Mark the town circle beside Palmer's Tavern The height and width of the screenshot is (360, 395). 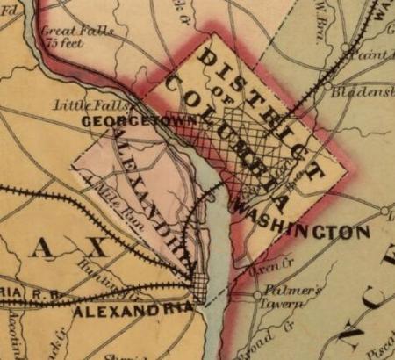click(x=257, y=295)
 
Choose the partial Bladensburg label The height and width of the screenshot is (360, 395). click(x=364, y=91)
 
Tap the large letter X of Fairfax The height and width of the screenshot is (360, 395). click(x=95, y=249)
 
